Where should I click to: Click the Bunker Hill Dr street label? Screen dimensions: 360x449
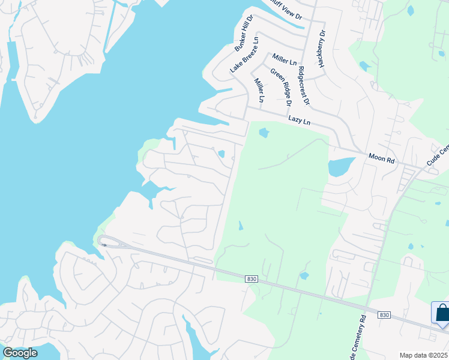tap(244, 34)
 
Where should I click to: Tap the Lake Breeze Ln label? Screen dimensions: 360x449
tap(245, 55)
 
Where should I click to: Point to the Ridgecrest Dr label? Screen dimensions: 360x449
tap(303, 85)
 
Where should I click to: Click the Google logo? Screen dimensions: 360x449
tap(20, 353)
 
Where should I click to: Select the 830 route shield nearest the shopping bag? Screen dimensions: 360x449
tap(384, 315)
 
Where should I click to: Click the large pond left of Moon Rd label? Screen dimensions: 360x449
tap(339, 167)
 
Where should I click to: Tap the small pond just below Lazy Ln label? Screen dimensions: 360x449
tap(264, 133)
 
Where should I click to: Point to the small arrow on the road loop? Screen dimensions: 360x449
tap(104, 244)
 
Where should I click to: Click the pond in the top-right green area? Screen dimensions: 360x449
tap(411, 10)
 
